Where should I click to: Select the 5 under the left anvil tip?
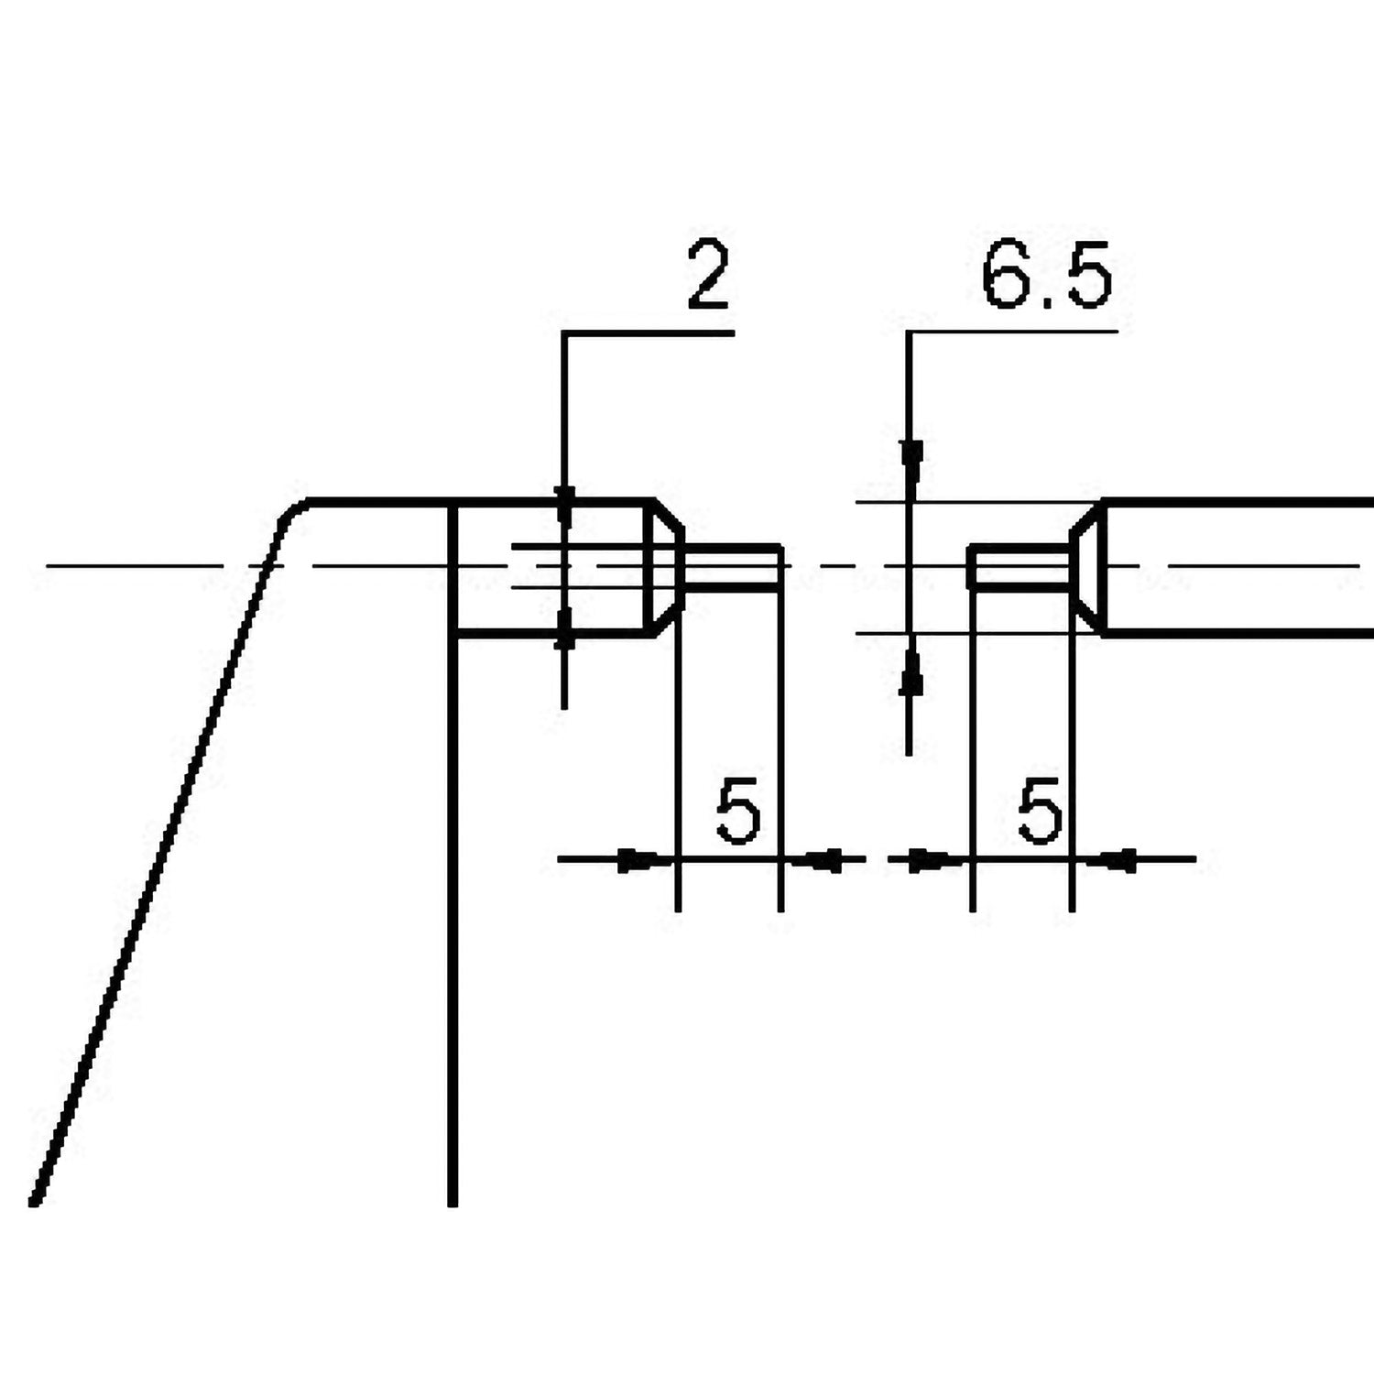coord(738,812)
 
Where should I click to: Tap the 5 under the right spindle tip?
coord(1040,812)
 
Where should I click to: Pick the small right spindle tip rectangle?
coord(1020,566)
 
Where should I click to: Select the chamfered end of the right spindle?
coord(1085,566)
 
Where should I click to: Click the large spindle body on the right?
coord(1237,566)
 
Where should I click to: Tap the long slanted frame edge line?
coord(156,870)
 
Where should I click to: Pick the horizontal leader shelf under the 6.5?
coord(1012,331)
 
